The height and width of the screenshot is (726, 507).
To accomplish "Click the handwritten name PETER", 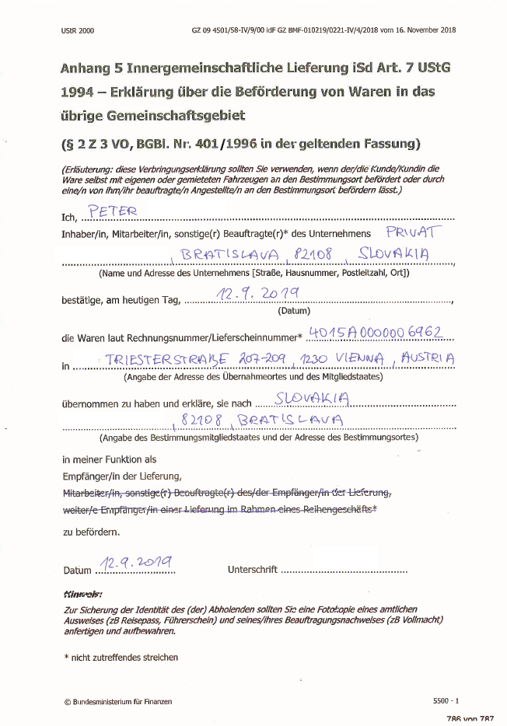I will [113, 211].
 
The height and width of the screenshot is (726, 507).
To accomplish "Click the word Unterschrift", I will [252, 570].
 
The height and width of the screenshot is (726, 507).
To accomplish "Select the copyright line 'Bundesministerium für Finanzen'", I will [122, 701].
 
